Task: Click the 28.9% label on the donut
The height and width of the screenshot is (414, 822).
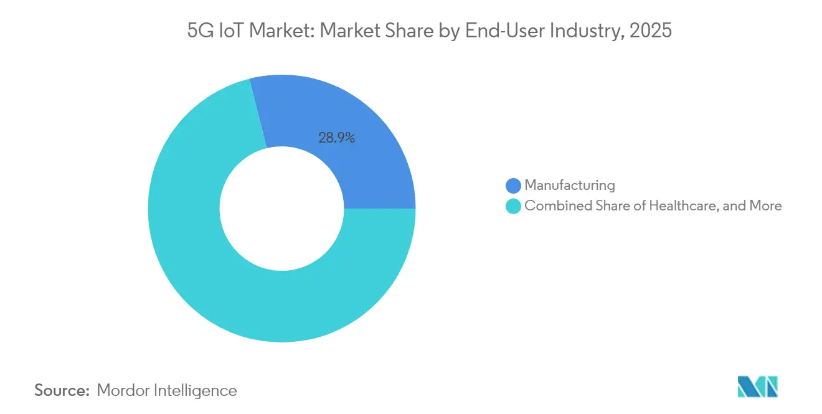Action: pyautogui.click(x=336, y=138)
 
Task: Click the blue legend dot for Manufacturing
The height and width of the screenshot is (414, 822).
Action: pyautogui.click(x=513, y=186)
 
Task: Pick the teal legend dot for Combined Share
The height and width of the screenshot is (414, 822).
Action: pyautogui.click(x=513, y=206)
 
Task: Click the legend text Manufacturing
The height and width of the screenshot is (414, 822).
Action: pyautogui.click(x=569, y=185)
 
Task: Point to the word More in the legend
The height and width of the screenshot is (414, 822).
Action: pyautogui.click(x=765, y=205)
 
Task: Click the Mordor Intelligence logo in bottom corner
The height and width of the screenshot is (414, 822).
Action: pyautogui.click(x=757, y=387)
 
